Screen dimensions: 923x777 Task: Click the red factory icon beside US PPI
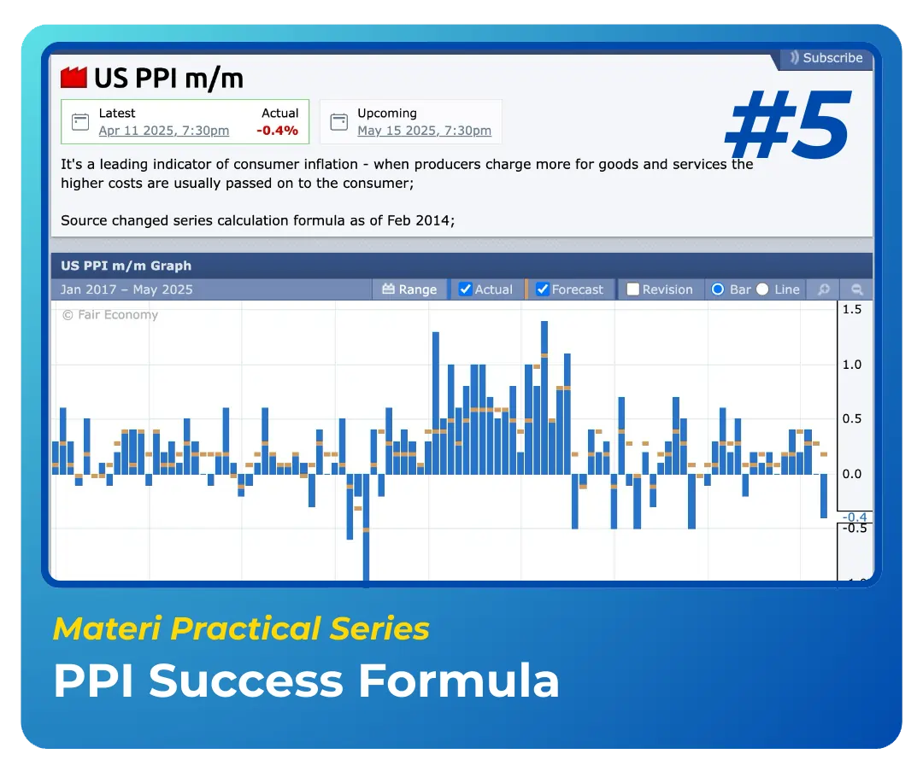click(x=73, y=78)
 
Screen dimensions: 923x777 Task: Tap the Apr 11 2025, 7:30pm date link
click(x=163, y=131)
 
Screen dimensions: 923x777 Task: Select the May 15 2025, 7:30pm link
click(x=424, y=131)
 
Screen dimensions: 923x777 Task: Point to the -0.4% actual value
click(x=277, y=131)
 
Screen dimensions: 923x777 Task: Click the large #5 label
click(x=789, y=124)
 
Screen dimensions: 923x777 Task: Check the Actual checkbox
click(x=465, y=289)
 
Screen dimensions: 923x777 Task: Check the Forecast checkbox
click(x=542, y=289)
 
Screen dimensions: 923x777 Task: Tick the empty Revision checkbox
click(x=632, y=289)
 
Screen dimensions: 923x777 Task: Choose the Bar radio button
click(x=718, y=289)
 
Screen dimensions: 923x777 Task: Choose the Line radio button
click(x=762, y=289)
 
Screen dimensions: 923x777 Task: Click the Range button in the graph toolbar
click(x=409, y=289)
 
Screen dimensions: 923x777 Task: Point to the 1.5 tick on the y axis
click(x=852, y=309)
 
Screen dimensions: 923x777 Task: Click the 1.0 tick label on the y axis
click(x=852, y=365)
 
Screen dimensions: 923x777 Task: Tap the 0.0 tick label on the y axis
click(x=852, y=474)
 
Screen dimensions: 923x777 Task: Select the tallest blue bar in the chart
click(x=544, y=398)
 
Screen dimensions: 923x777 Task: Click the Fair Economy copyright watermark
click(x=110, y=315)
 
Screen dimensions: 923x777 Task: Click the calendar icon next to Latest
click(x=80, y=122)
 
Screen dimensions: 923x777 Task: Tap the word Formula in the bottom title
click(x=459, y=681)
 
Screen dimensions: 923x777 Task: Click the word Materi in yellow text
click(x=107, y=628)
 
